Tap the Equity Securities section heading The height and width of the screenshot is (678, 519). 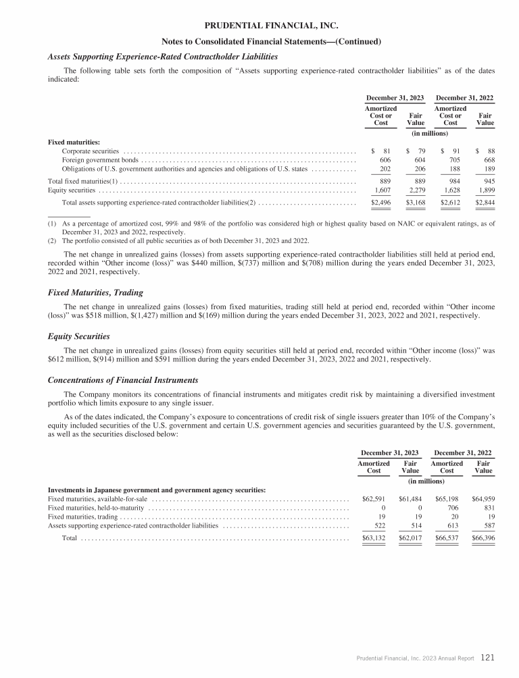click(x=78, y=336)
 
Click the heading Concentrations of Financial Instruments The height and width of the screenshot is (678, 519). click(x=123, y=380)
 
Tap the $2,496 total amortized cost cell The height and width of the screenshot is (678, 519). click(x=381, y=202)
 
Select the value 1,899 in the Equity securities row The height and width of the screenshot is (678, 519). click(x=485, y=190)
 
